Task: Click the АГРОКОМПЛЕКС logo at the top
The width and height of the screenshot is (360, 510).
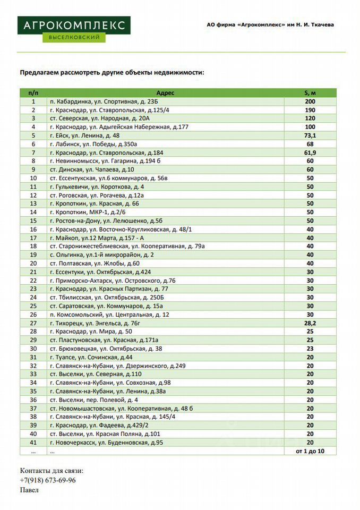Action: click(73, 29)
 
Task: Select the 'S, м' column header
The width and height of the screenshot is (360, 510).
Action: click(310, 93)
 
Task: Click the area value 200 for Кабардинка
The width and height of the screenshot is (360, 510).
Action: click(310, 101)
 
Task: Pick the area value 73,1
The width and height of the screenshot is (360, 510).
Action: click(310, 135)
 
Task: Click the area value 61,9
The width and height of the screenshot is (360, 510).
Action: click(310, 152)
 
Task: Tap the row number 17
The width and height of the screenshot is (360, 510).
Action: click(33, 237)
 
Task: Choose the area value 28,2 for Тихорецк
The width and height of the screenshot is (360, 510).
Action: click(310, 323)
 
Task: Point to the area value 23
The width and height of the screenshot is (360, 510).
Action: click(310, 348)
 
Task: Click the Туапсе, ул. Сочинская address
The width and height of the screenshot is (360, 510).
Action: click(91, 357)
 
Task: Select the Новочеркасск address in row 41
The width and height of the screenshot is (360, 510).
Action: click(106, 443)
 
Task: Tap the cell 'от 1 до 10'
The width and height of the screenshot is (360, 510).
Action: click(310, 451)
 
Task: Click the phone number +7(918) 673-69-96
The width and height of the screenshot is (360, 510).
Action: click(48, 480)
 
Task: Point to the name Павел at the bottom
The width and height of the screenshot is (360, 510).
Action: click(30, 490)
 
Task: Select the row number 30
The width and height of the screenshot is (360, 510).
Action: click(33, 348)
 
